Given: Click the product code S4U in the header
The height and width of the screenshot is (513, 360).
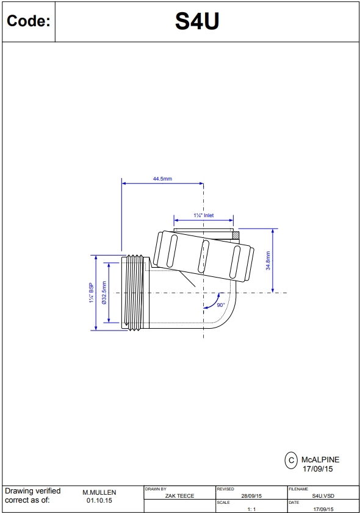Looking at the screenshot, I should coord(197,21).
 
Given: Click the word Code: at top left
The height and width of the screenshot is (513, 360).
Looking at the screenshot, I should coord(28,22).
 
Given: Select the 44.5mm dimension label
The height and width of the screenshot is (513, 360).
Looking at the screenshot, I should coord(162,179).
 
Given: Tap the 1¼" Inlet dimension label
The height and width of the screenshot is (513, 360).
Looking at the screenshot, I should coord(204,215).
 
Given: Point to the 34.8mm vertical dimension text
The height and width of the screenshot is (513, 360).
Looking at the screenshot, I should coord(268,261).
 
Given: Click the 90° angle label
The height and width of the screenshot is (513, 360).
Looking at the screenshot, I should coord(220,304).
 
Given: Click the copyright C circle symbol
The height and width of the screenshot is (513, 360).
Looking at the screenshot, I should coord(291,460).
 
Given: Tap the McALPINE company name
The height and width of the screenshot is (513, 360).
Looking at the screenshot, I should coord(320,459).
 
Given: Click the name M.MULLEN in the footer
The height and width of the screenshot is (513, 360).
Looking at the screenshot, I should coord(99,492).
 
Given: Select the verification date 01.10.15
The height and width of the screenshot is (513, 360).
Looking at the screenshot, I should coord(99,500).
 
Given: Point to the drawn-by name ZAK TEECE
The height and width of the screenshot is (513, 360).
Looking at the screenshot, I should coord(179,496).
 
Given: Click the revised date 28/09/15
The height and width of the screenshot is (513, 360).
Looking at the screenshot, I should coord(251,496).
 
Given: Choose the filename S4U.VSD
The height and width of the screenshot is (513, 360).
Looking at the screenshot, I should coord(323,496).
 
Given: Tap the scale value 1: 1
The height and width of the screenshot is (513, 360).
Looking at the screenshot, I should coord(251,508).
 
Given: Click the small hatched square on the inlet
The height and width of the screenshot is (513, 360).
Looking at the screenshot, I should coord(235,235).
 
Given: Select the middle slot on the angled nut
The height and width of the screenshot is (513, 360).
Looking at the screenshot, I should coord(204,257).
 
